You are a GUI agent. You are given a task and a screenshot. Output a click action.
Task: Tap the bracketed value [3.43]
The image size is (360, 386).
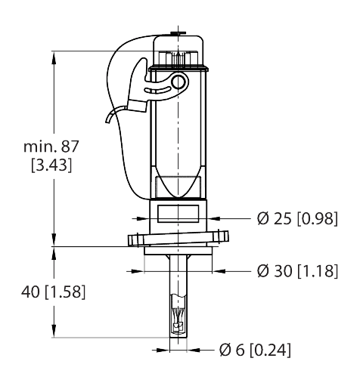51,165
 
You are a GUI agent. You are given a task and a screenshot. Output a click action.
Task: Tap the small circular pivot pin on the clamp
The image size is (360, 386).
179,82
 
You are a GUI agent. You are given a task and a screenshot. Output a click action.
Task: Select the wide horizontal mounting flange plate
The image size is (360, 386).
178,239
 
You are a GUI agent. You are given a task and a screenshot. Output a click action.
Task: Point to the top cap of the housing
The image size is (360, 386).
178,50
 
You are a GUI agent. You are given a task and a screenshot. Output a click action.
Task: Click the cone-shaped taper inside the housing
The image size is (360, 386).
178,184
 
